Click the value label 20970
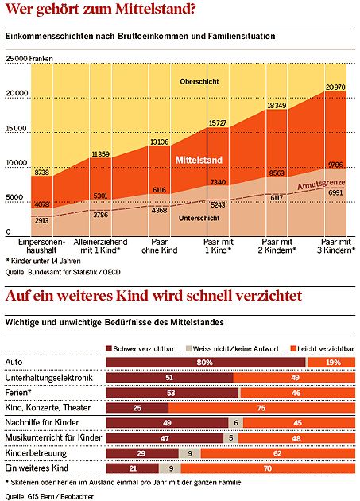pyautogui.click(x=335, y=87)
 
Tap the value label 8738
pyautogui.click(x=41, y=173)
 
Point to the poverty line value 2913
pyautogui.click(x=41, y=220)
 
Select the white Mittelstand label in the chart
pyautogui.click(x=199, y=160)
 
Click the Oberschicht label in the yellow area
pyautogui.click(x=199, y=81)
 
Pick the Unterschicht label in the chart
pyautogui.click(x=199, y=218)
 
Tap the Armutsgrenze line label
pyautogui.click(x=321, y=184)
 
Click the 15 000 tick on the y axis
pyautogui.click(x=16, y=128)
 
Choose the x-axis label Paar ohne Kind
pyautogui.click(x=160, y=246)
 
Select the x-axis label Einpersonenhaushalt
pyautogui.click(x=41, y=246)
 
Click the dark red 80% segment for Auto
pyautogui.click(x=206, y=363)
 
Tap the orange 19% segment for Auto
pyautogui.click(x=331, y=363)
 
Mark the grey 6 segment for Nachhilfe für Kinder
pyautogui.click(x=236, y=423)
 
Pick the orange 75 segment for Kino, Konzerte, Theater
pyautogui.click(x=261, y=408)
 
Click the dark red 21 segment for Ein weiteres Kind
pyautogui.click(x=133, y=468)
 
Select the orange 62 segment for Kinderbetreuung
pyautogui.click(x=278, y=453)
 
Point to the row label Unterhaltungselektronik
pyautogui.click(x=48, y=378)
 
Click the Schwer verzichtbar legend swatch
pyautogui.click(x=109, y=348)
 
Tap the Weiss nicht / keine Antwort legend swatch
pyautogui.click(x=189, y=348)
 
